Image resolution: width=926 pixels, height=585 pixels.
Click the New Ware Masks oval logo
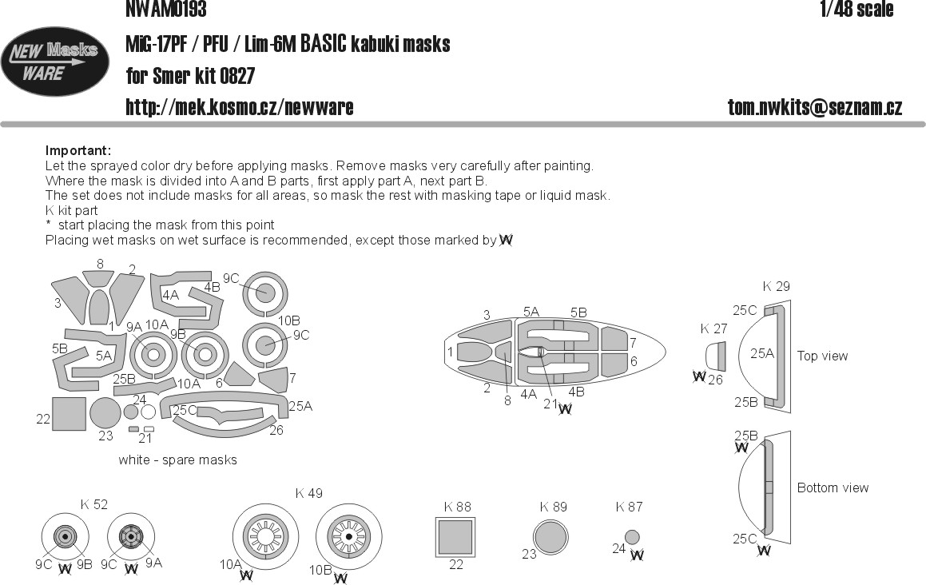tap(54, 62)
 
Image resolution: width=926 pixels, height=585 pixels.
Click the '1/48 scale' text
tap(856, 9)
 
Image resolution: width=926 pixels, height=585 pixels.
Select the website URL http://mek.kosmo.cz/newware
tap(239, 107)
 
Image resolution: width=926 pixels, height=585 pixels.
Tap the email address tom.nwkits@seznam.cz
tap(815, 107)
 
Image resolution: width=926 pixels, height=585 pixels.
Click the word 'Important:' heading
tap(78, 151)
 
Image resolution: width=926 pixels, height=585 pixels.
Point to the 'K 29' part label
tap(776, 287)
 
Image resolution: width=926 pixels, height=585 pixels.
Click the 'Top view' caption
tap(822, 356)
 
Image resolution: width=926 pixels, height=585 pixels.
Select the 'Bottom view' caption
tap(833, 488)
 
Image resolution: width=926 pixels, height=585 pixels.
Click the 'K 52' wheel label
tap(94, 504)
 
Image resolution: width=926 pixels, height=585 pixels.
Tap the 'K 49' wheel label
tap(309, 493)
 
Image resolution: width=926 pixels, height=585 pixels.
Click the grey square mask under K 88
tap(455, 537)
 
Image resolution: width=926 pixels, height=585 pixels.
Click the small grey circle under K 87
tap(632, 538)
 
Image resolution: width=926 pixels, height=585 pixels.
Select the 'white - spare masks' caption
tap(177, 460)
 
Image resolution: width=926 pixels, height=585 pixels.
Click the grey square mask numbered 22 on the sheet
tap(69, 414)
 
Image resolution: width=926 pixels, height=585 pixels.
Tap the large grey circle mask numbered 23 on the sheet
tap(105, 412)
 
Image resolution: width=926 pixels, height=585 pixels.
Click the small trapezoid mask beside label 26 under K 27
tap(716, 357)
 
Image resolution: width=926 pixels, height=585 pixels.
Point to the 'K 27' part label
tap(714, 328)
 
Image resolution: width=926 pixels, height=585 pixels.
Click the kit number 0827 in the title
tap(236, 76)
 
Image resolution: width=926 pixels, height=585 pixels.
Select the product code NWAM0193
tap(166, 8)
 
